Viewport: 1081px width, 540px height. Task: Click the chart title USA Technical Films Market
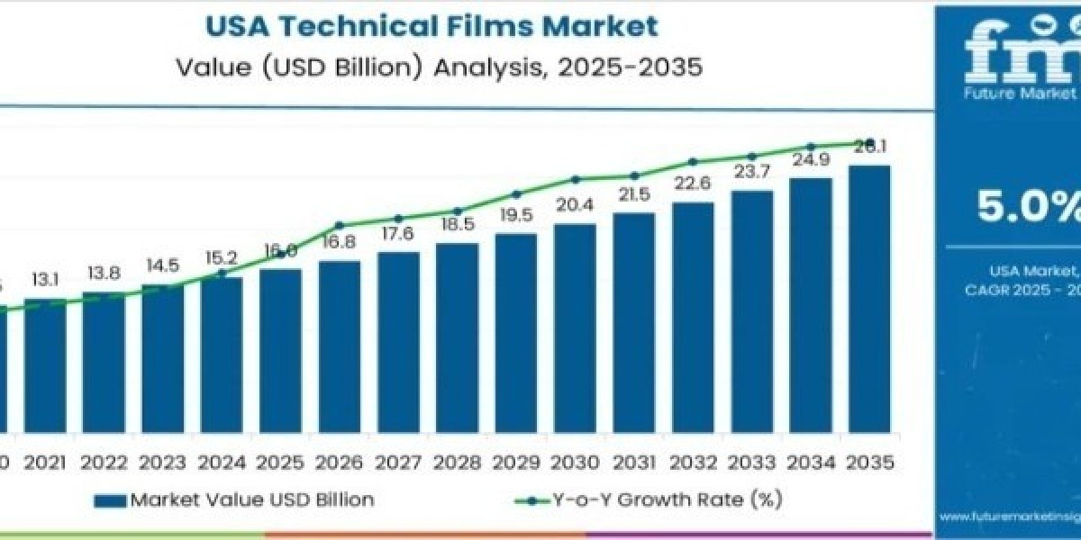tap(431, 25)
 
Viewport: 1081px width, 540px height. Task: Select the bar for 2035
tap(869, 297)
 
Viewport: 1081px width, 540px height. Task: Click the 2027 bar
tap(398, 340)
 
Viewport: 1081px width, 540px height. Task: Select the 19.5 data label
tap(516, 217)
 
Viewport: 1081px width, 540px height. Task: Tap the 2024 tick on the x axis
tap(222, 463)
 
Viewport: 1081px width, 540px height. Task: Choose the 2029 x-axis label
tap(516, 463)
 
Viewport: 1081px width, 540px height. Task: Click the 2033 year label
tap(752, 463)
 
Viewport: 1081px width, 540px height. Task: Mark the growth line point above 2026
tap(340, 225)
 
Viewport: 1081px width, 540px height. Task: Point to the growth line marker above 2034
tap(811, 146)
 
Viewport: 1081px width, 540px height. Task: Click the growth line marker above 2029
tap(516, 193)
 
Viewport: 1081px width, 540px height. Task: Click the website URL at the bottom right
tap(1009, 517)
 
